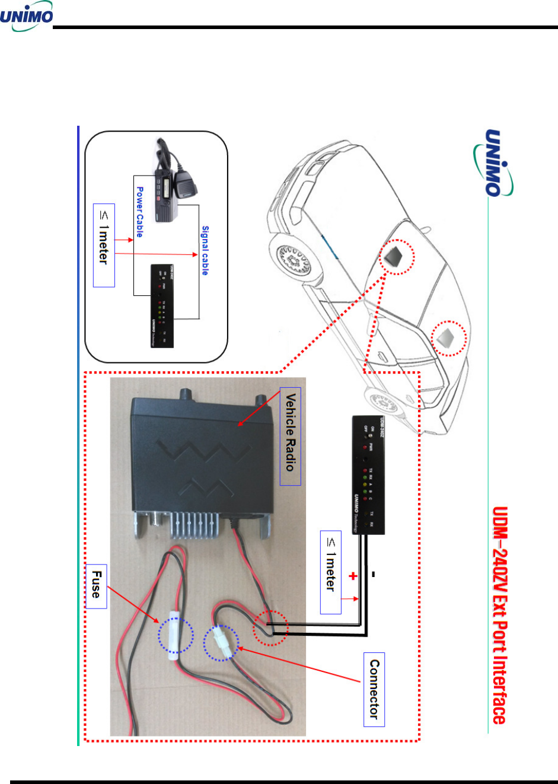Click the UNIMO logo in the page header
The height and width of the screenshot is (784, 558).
click(27, 18)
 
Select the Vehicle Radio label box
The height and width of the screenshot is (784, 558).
click(290, 436)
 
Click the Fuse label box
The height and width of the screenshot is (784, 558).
click(96, 586)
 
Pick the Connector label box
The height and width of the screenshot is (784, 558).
click(374, 689)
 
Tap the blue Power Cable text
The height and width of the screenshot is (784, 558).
click(139, 212)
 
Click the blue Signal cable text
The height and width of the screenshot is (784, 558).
click(205, 250)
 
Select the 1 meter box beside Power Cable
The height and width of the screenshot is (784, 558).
click(104, 246)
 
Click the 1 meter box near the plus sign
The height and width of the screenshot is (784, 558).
click(330, 572)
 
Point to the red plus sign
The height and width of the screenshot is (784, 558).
click(353, 575)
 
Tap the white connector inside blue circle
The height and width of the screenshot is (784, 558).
click(221, 643)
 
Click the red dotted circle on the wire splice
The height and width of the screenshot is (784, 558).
click(270, 627)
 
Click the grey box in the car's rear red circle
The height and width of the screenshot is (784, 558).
click(448, 338)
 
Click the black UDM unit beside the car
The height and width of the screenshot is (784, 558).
click(368, 474)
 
